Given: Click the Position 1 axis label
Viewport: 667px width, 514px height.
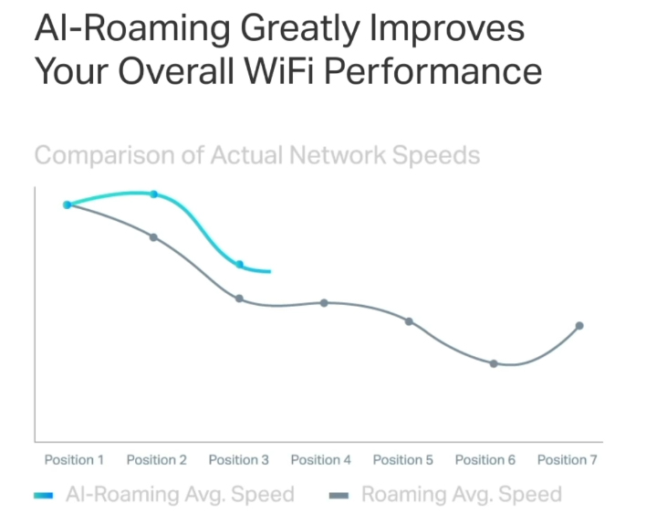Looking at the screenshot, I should pos(74,460).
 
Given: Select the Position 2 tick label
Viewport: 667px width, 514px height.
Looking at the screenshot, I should pos(156,460).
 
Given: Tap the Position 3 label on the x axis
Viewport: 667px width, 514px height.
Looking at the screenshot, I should pos(238,460).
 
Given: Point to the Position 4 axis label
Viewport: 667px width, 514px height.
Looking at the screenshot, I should pos(320,460).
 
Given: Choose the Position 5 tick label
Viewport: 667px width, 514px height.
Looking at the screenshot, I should pos(402,460).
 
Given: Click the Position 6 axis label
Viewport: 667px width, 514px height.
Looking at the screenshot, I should pos(485,460).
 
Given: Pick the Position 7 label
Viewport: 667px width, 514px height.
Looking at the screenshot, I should pos(567,460).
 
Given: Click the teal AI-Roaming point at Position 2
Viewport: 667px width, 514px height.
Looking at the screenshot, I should pos(154,194).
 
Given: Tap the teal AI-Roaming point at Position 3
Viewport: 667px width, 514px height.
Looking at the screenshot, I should pos(240,265).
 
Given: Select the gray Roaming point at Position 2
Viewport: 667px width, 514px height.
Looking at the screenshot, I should pos(153,237).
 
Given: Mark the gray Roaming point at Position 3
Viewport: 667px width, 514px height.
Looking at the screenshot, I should pos(239,299).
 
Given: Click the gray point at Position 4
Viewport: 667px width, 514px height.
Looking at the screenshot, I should pos(324,303).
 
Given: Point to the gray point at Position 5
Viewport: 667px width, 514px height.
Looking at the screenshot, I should pos(409,321).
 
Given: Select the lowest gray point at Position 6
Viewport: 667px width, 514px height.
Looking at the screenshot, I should pos(494,363).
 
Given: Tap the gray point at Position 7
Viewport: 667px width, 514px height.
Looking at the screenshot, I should pos(579,326).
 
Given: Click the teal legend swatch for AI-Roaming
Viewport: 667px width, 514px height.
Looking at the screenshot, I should pos(45,496).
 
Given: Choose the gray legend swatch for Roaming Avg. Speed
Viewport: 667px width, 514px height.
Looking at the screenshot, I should pos(339,496).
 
